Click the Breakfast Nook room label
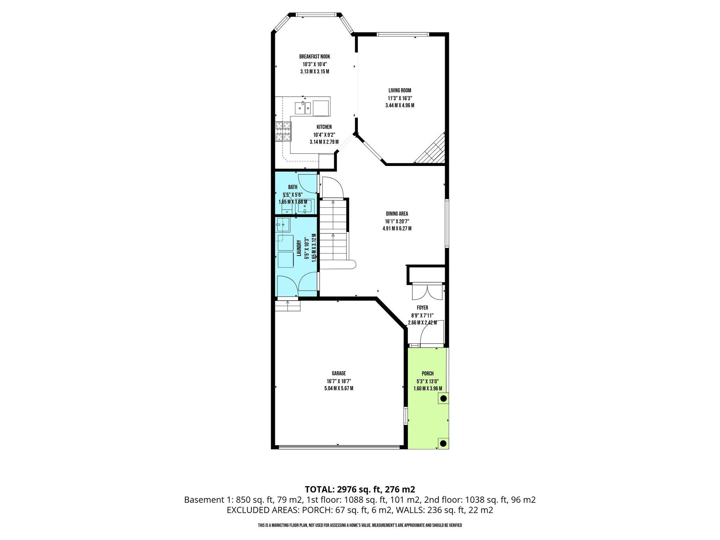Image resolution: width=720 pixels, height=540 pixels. pyautogui.click(x=315, y=57)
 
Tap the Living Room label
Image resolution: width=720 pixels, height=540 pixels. pyautogui.click(x=400, y=90)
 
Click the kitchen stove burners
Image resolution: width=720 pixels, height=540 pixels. pyautogui.click(x=283, y=131)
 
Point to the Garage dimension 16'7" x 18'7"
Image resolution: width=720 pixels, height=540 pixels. pyautogui.click(x=339, y=381)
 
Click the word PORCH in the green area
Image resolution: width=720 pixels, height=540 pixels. pyautogui.click(x=428, y=373)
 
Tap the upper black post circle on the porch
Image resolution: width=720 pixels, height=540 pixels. pyautogui.click(x=444, y=399)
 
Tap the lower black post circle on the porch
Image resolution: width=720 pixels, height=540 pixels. pyautogui.click(x=444, y=443)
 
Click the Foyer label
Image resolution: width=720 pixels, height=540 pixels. pyautogui.click(x=422, y=308)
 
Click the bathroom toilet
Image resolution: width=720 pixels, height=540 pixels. pyautogui.click(x=287, y=206)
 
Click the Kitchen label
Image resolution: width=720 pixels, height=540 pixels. pyautogui.click(x=324, y=127)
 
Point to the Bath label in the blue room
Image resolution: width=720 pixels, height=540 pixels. pyautogui.click(x=292, y=187)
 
